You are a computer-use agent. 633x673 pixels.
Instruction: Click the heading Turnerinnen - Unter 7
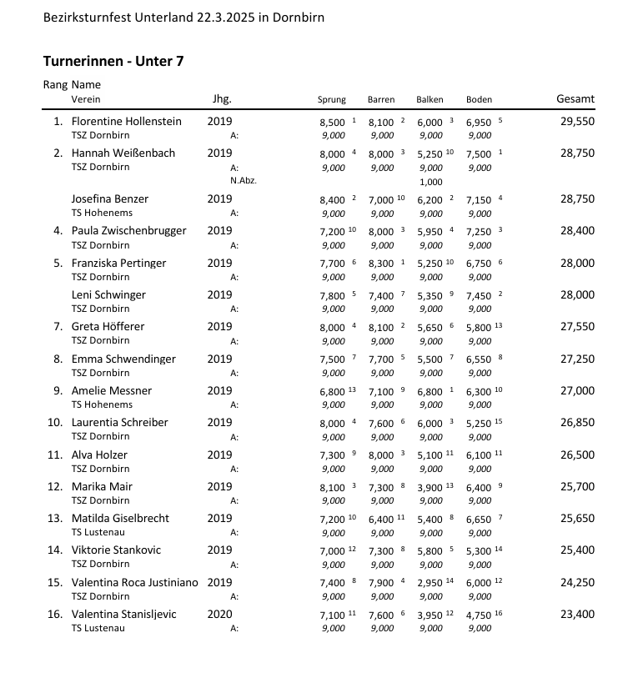(113, 61)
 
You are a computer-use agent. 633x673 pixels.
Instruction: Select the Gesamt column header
(575, 99)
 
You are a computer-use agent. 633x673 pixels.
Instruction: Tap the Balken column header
(430, 100)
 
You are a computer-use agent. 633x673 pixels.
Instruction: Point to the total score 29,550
(577, 122)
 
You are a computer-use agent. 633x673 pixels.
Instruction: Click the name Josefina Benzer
(110, 198)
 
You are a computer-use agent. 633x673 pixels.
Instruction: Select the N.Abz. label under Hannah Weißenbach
(244, 181)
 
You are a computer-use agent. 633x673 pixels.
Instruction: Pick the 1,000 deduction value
(430, 182)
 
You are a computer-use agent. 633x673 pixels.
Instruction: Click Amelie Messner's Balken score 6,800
(430, 391)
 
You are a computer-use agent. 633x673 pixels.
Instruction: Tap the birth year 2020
(220, 615)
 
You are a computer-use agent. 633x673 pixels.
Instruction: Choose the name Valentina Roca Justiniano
(135, 582)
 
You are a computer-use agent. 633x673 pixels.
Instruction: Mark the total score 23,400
(577, 615)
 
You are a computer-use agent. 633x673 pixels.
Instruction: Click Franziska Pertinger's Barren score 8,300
(381, 264)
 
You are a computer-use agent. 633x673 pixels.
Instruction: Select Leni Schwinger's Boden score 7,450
(479, 295)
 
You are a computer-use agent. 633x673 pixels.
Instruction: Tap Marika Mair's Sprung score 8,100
(332, 487)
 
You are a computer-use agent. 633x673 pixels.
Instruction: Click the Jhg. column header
(223, 99)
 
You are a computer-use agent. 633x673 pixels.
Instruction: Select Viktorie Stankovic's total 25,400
(577, 550)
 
